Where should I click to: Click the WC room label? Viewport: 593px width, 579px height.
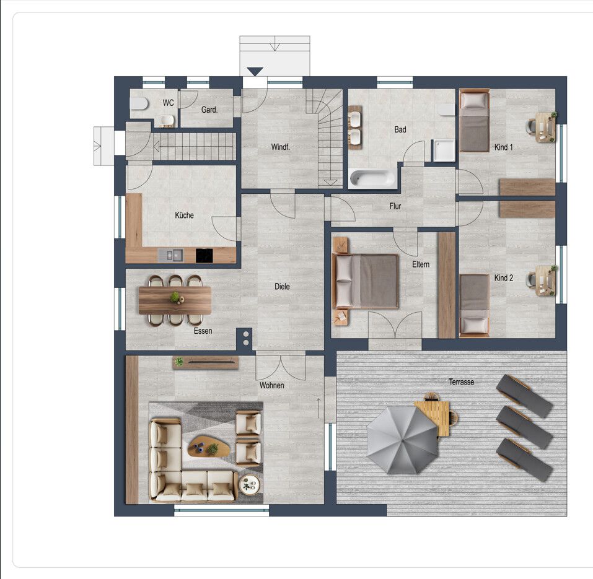[169, 103]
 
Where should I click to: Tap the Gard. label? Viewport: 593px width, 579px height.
[209, 110]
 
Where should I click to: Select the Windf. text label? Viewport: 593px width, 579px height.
[281, 147]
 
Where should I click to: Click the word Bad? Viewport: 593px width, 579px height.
[400, 129]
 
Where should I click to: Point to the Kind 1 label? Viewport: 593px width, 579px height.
[503, 147]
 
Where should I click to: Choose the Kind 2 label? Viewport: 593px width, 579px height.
[503, 278]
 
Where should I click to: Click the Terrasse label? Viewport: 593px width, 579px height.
[462, 381]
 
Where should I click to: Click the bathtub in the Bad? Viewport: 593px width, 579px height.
[373, 179]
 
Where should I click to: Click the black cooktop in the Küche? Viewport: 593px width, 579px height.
[204, 256]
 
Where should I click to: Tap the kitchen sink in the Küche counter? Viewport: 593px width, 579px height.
[170, 256]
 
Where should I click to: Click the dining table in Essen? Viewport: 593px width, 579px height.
[175, 300]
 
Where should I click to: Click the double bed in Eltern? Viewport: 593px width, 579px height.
[366, 281]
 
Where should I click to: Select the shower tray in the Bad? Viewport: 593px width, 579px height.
[444, 150]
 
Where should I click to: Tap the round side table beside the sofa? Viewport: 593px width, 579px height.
[250, 484]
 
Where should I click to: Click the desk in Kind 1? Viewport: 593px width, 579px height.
[545, 127]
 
